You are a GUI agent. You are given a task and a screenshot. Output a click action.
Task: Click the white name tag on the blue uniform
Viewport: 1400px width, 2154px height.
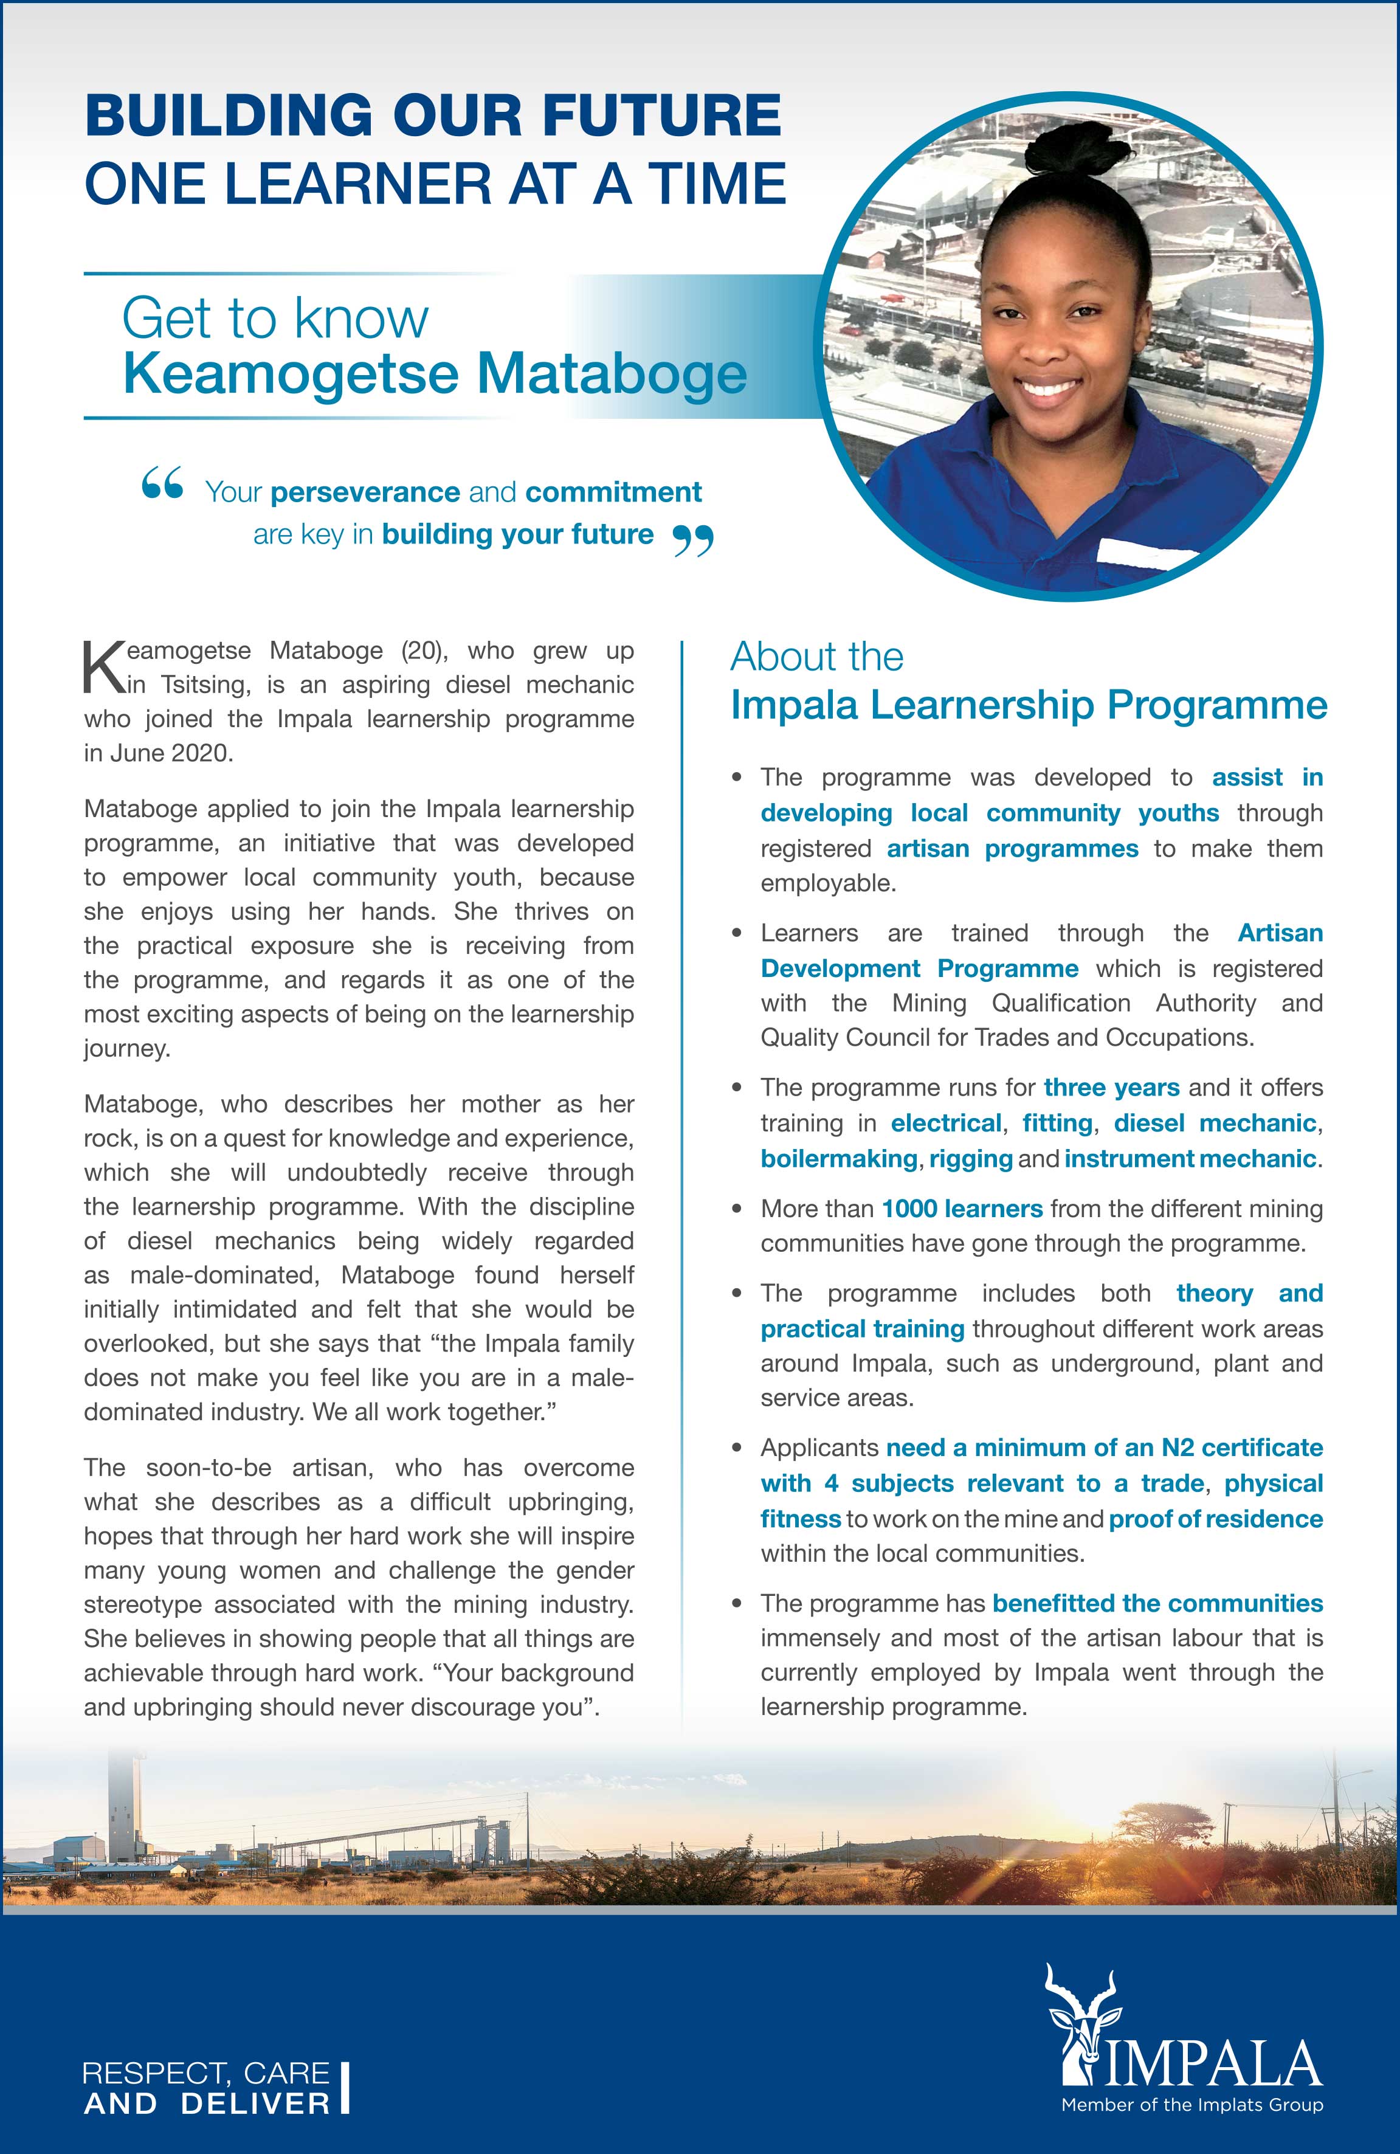click(x=1143, y=551)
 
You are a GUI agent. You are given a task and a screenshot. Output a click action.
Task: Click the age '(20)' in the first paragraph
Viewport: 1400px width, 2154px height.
click(x=418, y=651)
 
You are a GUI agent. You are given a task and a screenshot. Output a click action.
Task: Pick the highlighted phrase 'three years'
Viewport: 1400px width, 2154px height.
click(x=1111, y=1087)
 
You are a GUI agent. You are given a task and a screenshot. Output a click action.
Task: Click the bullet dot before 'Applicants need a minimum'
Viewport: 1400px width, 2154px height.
click(x=739, y=1448)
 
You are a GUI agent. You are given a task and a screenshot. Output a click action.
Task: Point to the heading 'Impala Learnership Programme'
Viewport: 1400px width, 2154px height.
click(x=1029, y=706)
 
